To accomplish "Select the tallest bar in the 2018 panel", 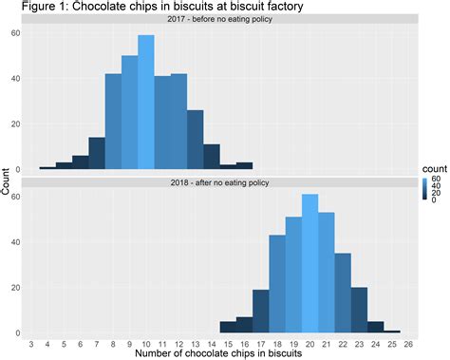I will (309, 265).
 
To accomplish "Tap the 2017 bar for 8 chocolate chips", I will (113, 123).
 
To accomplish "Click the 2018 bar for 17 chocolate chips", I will (260, 313).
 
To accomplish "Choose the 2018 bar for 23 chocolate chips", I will (359, 313).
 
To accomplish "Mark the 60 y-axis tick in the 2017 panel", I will (15, 32).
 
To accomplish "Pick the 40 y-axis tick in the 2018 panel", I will (15, 242).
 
